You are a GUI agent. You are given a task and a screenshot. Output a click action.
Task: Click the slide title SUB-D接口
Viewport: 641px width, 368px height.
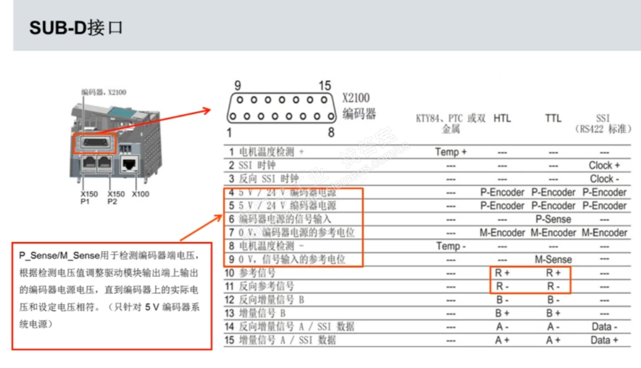[x=76, y=28]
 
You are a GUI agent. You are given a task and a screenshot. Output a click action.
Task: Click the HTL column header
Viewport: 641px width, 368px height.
[x=502, y=118]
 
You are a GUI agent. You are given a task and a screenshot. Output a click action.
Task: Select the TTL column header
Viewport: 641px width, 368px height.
[x=553, y=118]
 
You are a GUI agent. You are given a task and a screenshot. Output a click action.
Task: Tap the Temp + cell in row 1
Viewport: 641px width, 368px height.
[x=451, y=152]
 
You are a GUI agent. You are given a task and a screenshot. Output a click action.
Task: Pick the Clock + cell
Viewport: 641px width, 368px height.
[x=604, y=166]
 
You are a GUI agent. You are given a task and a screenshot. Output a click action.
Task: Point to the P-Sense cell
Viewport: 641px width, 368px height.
[x=553, y=219]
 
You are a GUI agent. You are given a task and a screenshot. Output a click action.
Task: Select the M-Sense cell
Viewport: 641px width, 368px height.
[x=553, y=259]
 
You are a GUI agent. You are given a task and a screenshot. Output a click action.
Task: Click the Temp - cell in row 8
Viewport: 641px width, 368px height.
[x=451, y=246]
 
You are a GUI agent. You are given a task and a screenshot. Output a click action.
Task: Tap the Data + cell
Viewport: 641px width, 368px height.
[x=604, y=340]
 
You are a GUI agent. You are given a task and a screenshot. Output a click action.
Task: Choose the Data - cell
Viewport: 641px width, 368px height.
[x=604, y=327]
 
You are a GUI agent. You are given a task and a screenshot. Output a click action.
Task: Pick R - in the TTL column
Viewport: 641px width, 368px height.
[x=553, y=286]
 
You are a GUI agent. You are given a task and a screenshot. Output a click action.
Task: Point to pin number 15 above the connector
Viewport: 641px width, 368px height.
[x=325, y=86]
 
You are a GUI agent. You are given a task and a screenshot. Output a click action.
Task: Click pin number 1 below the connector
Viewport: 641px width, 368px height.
[x=230, y=132]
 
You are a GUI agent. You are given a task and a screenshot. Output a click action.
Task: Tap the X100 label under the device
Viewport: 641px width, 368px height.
[x=140, y=194]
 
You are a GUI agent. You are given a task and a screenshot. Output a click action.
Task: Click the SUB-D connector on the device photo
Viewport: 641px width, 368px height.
[x=95, y=143]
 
